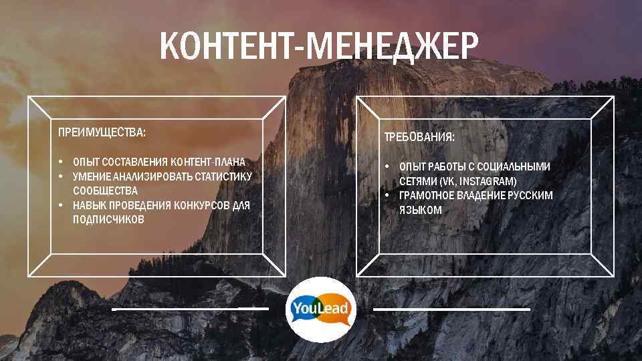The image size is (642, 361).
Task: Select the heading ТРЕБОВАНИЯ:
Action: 419,137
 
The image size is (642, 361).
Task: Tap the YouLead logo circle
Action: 320,310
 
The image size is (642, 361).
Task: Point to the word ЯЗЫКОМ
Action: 420,210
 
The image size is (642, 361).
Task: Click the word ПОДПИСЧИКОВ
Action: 108,219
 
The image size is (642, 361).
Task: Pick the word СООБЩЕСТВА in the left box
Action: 105,191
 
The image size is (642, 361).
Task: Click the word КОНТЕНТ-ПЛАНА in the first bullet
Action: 208,162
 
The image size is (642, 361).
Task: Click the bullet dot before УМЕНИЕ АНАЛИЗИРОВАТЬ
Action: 60,176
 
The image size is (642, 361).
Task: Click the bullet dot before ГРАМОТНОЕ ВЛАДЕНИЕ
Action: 387,195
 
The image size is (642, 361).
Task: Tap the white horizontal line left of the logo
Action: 190,310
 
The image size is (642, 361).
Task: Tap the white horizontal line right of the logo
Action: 451,310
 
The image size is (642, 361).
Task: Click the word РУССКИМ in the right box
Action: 530,195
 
